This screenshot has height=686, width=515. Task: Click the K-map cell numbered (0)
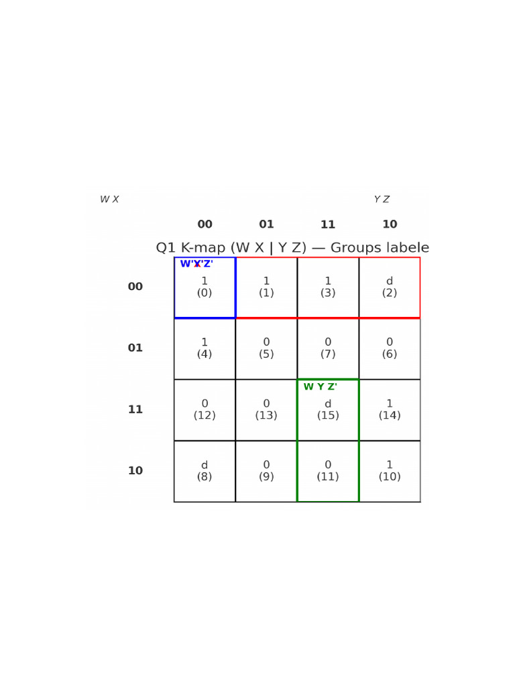click(205, 287)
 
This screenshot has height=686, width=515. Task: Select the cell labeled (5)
click(266, 348)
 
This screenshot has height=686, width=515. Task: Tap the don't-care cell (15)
click(328, 410)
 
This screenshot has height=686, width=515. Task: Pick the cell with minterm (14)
click(390, 410)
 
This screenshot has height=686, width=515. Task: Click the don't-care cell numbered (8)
click(205, 471)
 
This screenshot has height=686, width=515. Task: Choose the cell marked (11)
click(328, 471)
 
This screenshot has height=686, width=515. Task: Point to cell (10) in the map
click(390, 471)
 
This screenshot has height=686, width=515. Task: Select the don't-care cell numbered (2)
click(390, 287)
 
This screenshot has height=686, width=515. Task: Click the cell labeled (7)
click(328, 348)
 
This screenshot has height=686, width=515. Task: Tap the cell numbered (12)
click(205, 410)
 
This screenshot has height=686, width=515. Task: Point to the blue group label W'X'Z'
click(196, 264)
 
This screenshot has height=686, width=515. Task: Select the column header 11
click(328, 225)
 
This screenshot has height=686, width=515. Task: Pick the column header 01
click(266, 225)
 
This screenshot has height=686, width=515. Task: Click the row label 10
click(135, 471)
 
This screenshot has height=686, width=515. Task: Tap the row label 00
click(135, 287)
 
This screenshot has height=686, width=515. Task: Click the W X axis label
click(109, 200)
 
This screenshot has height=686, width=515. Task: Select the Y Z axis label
click(382, 200)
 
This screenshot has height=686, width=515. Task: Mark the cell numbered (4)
click(205, 348)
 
